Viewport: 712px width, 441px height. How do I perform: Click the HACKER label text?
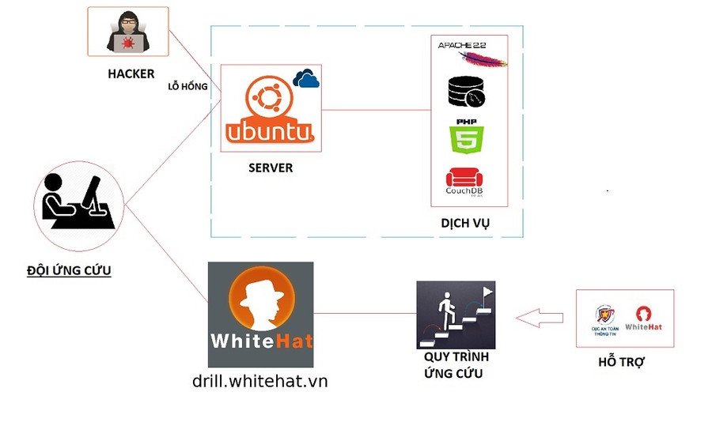pyautogui.click(x=131, y=74)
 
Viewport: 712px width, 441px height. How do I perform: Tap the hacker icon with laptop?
pyautogui.click(x=127, y=33)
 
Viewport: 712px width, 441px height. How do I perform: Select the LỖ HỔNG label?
pyautogui.click(x=187, y=87)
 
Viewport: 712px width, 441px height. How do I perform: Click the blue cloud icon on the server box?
pyautogui.click(x=306, y=77)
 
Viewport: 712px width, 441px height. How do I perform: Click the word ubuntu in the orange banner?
pyautogui.click(x=270, y=131)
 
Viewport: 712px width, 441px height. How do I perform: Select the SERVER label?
pyautogui.click(x=271, y=168)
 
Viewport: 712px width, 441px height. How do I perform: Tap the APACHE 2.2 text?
pyautogui.click(x=461, y=46)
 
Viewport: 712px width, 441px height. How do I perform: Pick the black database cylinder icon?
pyautogui.click(x=466, y=92)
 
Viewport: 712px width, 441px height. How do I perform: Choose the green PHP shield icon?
pyautogui.click(x=466, y=138)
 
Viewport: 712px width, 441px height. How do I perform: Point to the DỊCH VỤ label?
pyautogui.click(x=465, y=224)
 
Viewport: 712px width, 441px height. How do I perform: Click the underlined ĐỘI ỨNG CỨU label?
pyautogui.click(x=69, y=270)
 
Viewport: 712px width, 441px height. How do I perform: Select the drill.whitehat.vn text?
pyautogui.click(x=259, y=381)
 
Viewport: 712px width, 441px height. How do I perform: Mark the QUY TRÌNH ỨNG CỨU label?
pyautogui.click(x=456, y=364)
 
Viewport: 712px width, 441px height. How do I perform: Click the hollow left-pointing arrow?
pyautogui.click(x=539, y=318)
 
